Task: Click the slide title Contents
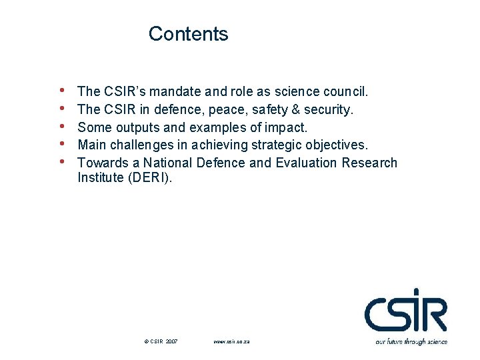coord(188,34)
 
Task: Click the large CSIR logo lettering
coord(405,310)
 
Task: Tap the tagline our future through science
coord(411,341)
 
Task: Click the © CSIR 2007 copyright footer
coord(161,341)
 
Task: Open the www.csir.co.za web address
coord(231,341)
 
